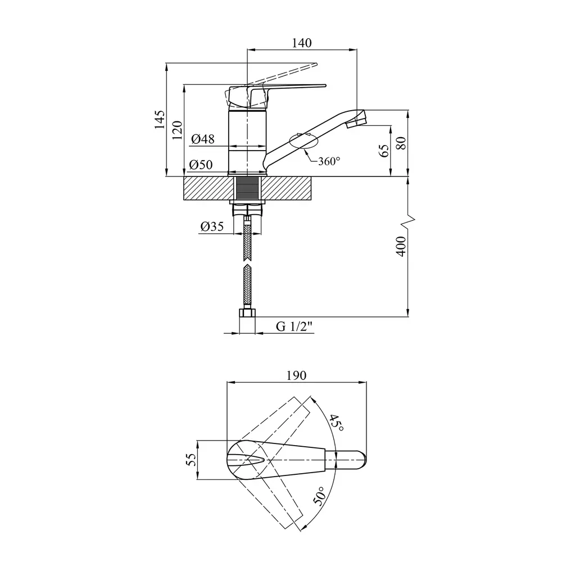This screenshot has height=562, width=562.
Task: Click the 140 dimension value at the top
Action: (302, 43)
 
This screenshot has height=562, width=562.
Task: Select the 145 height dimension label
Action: (160, 120)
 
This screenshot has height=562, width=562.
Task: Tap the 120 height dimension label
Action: (177, 130)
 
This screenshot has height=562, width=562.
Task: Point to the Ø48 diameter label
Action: (202, 139)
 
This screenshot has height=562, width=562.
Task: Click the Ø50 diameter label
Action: (201, 165)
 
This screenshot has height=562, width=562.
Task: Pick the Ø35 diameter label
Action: (212, 226)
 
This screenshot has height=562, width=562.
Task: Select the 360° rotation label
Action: (329, 161)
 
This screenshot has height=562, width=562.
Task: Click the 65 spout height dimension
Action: (383, 151)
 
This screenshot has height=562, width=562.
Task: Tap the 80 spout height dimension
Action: (401, 143)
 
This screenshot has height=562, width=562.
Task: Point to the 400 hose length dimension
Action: (401, 246)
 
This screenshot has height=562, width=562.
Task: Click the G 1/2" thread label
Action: (294, 327)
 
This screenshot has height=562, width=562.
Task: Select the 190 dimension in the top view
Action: (296, 375)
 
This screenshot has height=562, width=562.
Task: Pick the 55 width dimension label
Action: (192, 460)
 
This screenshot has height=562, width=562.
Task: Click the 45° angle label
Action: (337, 423)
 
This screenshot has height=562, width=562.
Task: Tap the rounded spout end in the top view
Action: (361, 460)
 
